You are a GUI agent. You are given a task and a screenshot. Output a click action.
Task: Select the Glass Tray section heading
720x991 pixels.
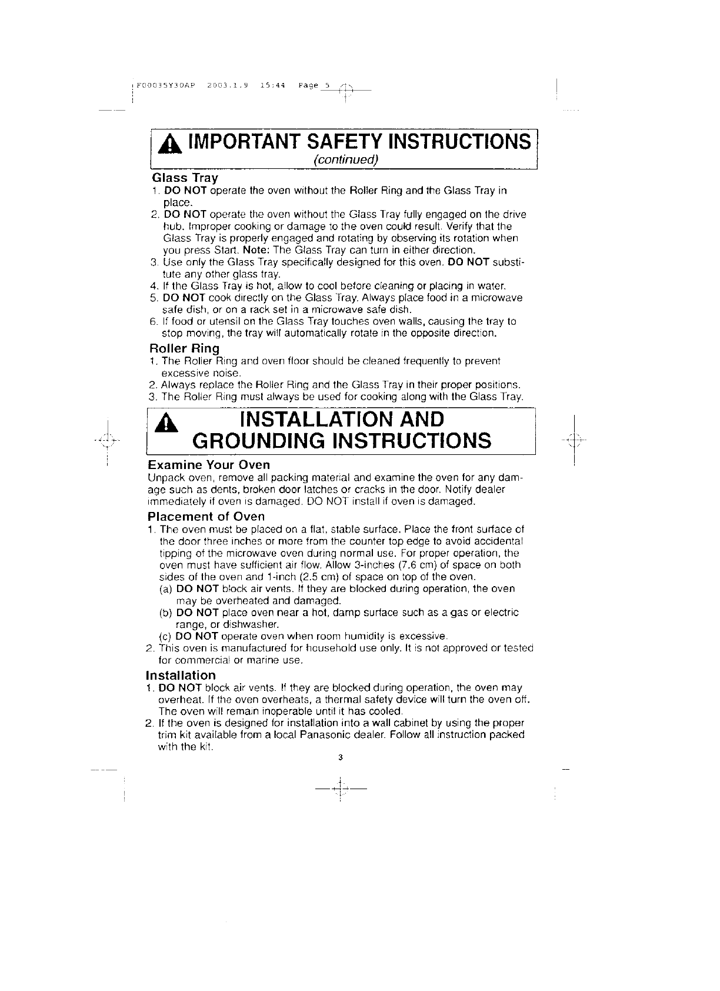(x=185, y=178)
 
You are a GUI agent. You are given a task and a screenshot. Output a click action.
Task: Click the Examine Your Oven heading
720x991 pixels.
(x=208, y=465)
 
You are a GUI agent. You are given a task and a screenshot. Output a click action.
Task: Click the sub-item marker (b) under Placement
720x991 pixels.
(x=166, y=613)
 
